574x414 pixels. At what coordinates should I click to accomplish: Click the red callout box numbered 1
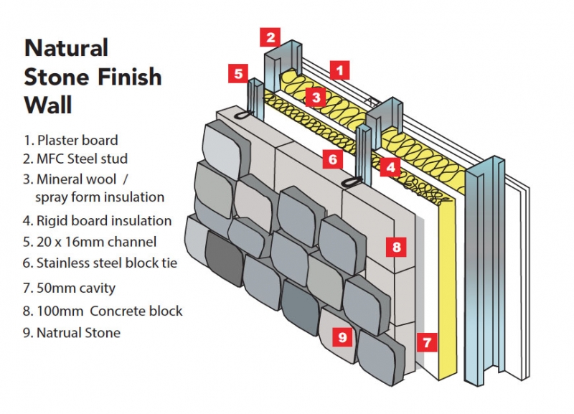339,70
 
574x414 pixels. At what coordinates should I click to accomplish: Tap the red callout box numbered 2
269,37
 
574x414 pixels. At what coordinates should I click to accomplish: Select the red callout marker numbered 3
314,97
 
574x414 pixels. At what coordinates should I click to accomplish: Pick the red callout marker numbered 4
390,167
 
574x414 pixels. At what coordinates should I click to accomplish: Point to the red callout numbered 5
238,72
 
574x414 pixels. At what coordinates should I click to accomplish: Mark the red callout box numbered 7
427,342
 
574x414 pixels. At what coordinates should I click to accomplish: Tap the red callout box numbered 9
342,335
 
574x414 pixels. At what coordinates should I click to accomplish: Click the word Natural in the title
66,48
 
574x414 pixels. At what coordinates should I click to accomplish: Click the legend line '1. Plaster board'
70,140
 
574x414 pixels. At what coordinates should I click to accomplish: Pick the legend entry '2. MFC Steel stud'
77,159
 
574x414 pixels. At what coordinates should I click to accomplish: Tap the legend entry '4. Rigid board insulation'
98,220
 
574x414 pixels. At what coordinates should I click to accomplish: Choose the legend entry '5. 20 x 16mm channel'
90,242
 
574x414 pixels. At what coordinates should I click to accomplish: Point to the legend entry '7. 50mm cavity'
70,288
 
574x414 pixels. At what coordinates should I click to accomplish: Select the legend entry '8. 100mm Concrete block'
103,311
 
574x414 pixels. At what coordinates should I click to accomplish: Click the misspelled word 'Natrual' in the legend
60,332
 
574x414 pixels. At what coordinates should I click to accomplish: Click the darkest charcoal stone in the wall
224,258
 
